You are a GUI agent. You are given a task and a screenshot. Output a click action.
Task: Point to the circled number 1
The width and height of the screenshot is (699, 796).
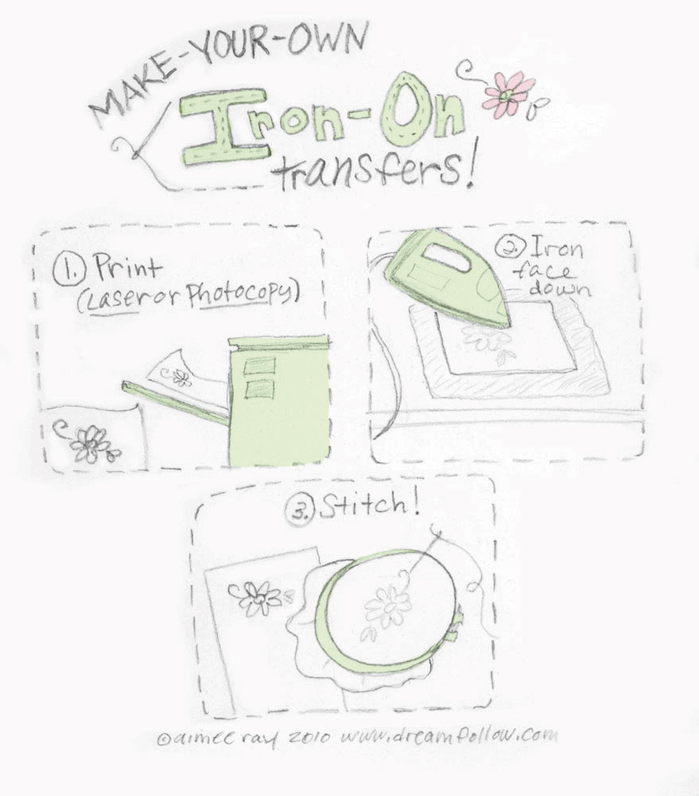66,271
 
